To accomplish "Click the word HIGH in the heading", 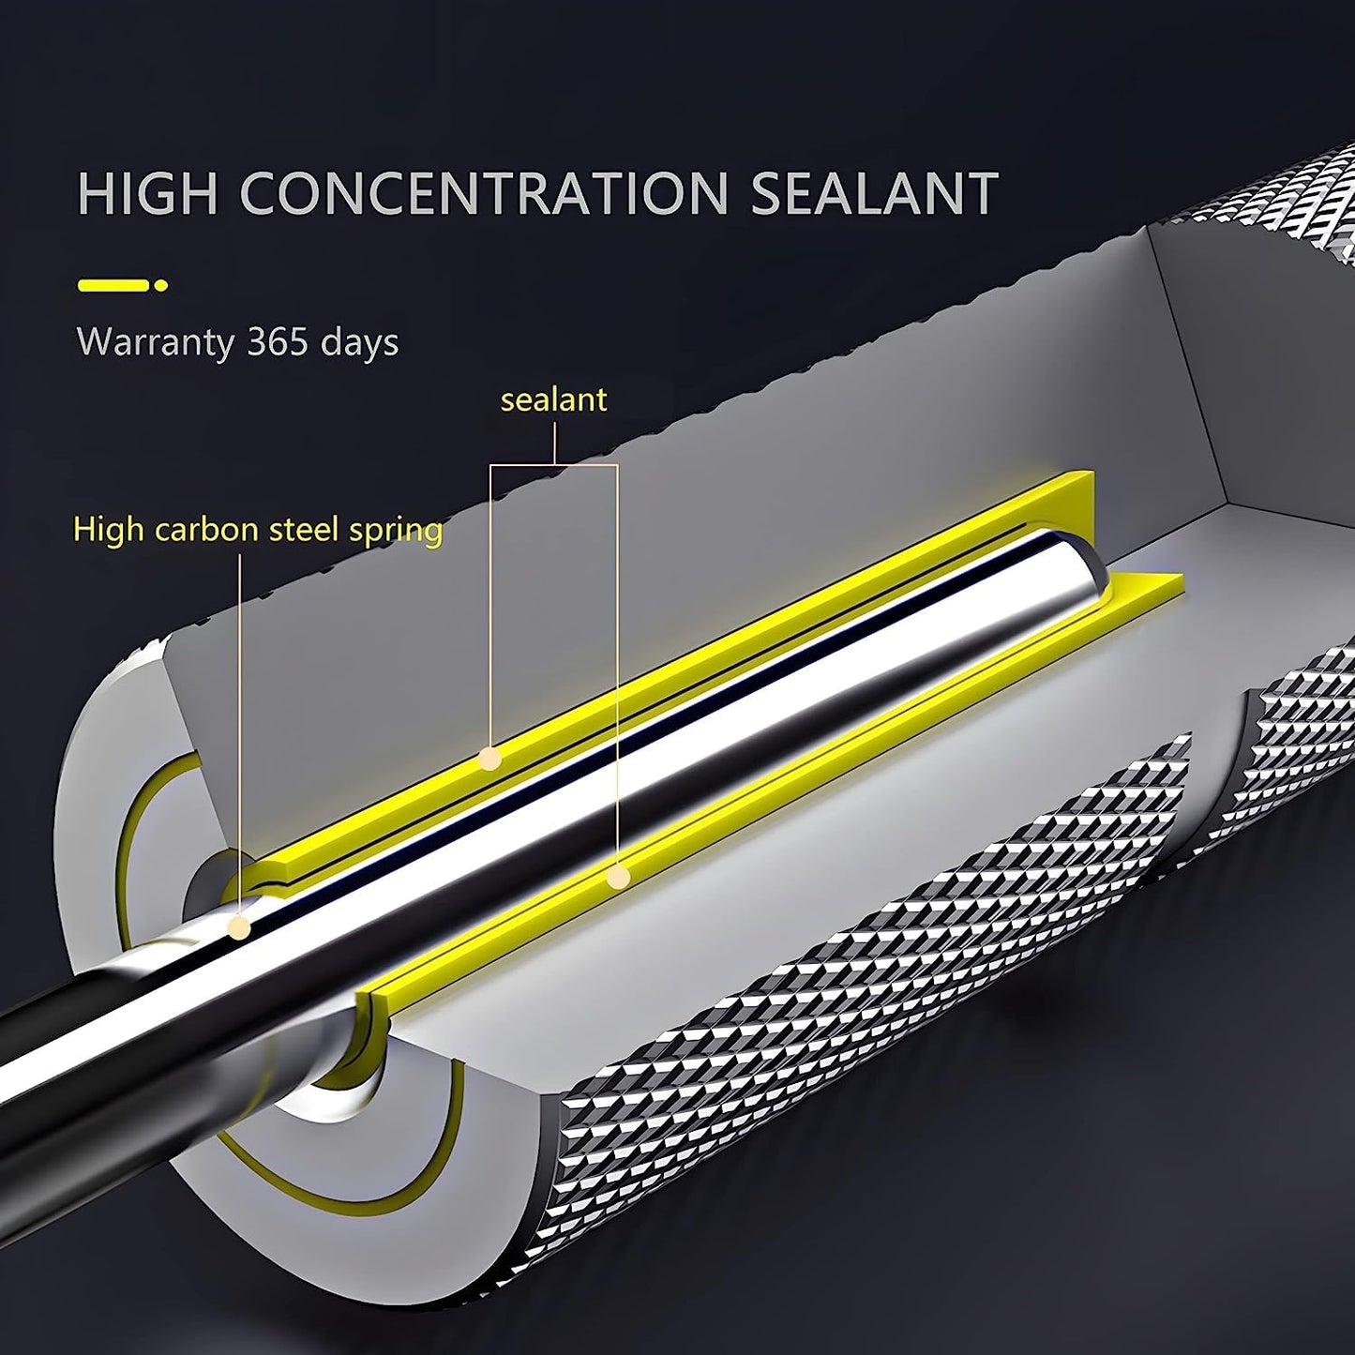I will coord(147,193).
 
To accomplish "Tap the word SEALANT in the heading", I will coord(875,193).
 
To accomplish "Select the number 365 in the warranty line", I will coord(278,341).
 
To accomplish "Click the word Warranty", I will coord(156,341).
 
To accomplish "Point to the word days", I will coord(359,343).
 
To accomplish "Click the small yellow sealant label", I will coord(553,400).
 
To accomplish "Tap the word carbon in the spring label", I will coord(206,530).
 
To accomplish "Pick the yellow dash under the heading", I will coord(113,285).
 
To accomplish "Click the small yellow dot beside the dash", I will coord(161,285).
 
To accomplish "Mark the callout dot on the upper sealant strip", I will coord(489,760).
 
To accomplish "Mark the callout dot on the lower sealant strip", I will coord(618,878).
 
